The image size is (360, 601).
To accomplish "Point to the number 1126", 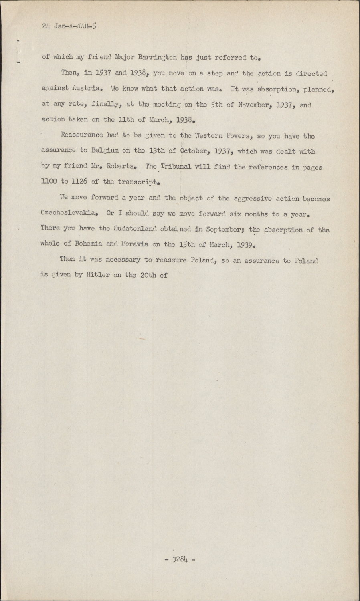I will [x=79, y=181].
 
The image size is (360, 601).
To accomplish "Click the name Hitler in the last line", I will [x=98, y=275].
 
